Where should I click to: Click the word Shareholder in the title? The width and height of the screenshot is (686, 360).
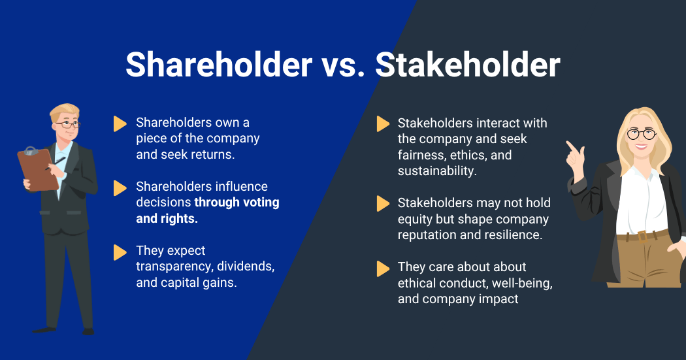click(x=218, y=65)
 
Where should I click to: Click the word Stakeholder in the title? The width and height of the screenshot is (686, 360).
click(x=468, y=65)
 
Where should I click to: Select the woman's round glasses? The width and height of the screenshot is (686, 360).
click(x=641, y=134)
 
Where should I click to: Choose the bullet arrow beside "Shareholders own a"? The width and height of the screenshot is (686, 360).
click(x=120, y=123)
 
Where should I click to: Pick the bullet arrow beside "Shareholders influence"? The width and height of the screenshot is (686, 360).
click(x=120, y=188)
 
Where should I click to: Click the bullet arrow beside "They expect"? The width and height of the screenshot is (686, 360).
click(x=120, y=252)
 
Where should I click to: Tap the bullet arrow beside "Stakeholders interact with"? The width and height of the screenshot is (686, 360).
click(x=383, y=124)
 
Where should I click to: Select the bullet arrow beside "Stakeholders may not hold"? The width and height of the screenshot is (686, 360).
click(x=383, y=204)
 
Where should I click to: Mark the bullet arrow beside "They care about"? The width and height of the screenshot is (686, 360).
click(x=383, y=268)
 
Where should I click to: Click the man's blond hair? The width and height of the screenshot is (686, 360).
click(x=64, y=110)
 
